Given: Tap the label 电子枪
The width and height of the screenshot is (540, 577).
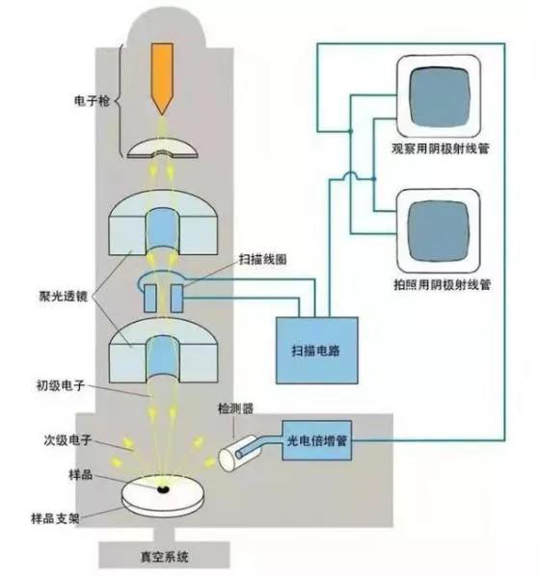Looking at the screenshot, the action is [x=92, y=101].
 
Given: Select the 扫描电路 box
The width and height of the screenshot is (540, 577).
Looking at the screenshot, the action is [x=317, y=351].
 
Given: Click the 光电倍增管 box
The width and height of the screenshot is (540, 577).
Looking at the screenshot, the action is [x=317, y=440].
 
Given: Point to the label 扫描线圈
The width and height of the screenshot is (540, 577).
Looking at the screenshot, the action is [x=262, y=259].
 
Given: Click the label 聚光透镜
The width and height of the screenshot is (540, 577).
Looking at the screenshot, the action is [x=64, y=296].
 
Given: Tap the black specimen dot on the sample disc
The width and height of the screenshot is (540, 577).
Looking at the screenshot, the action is [x=162, y=489].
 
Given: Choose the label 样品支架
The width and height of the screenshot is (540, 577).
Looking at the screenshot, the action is [x=55, y=519].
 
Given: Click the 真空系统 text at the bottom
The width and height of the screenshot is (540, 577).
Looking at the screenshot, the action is [x=164, y=557].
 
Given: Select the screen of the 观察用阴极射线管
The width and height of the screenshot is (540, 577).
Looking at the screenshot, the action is [x=440, y=97].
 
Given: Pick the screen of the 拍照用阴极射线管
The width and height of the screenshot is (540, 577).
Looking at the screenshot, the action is [x=439, y=231].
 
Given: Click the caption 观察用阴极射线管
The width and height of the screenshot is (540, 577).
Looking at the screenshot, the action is [x=441, y=148].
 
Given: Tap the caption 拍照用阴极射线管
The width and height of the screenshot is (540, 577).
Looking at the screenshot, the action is [x=443, y=284].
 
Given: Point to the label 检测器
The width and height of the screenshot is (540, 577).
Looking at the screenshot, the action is [x=235, y=408].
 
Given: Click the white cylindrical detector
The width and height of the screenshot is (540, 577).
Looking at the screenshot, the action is [x=238, y=454].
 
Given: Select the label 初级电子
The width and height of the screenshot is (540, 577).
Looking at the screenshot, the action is [x=61, y=385].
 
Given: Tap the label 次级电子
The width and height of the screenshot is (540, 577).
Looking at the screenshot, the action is [x=67, y=440].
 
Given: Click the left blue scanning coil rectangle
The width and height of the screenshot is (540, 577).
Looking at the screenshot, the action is [x=150, y=298].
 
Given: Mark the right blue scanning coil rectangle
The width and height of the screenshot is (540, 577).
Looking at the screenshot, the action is [x=176, y=298].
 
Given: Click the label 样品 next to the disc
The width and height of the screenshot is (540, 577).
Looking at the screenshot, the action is [x=80, y=474].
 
